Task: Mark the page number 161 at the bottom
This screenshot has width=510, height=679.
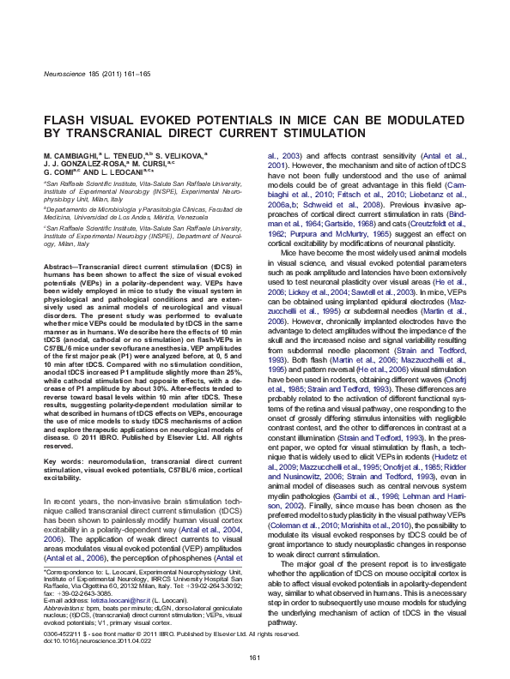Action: pos(254,657)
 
